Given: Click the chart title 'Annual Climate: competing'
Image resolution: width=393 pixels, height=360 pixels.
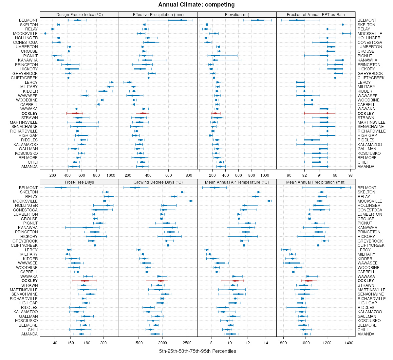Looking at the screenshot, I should click(x=196, y=5).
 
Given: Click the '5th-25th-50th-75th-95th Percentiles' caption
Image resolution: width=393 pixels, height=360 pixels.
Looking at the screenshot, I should click(x=197, y=351).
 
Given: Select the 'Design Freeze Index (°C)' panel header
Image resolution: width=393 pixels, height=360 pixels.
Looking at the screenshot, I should click(x=79, y=15).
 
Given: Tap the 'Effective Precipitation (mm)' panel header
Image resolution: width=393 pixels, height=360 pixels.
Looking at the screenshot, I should click(x=158, y=15).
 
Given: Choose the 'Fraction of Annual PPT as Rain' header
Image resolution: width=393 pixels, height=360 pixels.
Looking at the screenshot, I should click(x=316, y=15).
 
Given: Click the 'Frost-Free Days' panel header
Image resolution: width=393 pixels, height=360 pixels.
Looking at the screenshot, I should click(x=79, y=182).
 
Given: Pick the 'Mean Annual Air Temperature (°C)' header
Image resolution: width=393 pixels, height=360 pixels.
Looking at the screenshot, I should click(x=237, y=182).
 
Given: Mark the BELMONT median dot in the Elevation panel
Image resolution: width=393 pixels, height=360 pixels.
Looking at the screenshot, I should click(x=258, y=20).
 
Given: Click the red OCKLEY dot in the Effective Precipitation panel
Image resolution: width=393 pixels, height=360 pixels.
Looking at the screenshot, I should click(x=142, y=113).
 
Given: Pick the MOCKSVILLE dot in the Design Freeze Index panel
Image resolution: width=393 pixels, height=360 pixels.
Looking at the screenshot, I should click(x=45, y=34).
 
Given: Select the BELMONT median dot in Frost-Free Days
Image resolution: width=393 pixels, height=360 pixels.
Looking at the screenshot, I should click(x=61, y=188).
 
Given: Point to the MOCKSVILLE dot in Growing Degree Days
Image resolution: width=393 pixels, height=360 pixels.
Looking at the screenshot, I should click(x=191, y=201).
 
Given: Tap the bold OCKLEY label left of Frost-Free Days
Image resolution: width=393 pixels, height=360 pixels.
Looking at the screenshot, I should click(x=29, y=281).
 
